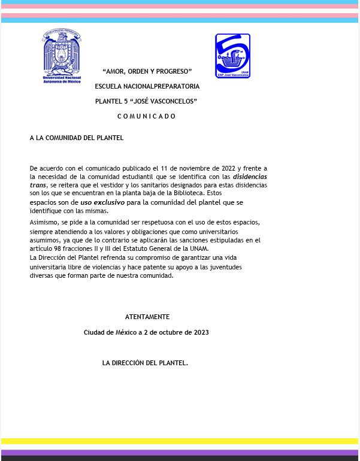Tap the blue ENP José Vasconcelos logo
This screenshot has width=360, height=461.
232,56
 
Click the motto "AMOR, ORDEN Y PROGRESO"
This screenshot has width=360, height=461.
147,72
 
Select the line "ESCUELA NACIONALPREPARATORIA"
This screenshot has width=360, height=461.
147,87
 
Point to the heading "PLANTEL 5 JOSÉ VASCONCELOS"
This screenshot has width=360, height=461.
146,102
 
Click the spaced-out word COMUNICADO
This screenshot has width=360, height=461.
147,117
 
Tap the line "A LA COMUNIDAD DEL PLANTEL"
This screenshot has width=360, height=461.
77,138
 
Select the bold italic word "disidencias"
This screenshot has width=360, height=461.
250,177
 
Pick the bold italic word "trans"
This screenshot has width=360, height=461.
38,186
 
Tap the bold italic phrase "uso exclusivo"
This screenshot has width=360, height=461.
102,203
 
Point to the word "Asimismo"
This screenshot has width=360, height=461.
44,223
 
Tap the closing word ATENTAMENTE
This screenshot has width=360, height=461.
147,317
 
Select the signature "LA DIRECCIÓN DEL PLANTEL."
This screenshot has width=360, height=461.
145,363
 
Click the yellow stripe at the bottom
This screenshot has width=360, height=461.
180,441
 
